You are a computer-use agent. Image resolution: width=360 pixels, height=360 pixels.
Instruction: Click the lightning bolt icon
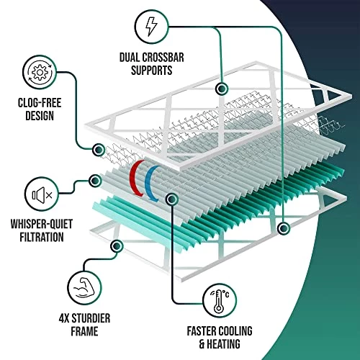[151, 27]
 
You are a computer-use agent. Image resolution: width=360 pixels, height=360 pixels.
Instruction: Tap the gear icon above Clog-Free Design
[40, 72]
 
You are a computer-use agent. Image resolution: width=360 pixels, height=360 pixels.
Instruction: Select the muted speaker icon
[42, 195]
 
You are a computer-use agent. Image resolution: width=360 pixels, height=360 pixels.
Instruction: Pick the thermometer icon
[220, 301]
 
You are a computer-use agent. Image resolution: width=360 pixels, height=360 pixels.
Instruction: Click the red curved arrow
[136, 179]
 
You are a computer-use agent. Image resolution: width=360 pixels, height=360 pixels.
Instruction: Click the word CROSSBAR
[163, 58]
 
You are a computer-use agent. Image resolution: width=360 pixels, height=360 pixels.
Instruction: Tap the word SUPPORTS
[151, 71]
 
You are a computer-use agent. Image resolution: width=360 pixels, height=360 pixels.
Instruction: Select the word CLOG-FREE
[40, 103]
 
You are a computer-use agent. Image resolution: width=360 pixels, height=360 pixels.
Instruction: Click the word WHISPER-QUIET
[42, 224]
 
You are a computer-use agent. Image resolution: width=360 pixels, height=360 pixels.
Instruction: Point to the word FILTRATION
[42, 237]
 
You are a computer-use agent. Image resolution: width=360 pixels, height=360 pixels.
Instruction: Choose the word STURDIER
[91, 318]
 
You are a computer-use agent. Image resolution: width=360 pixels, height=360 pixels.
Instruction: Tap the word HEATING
[223, 344]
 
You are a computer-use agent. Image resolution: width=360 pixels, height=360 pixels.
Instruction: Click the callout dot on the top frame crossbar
[221, 89]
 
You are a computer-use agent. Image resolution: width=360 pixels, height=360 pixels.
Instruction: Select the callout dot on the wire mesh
[99, 150]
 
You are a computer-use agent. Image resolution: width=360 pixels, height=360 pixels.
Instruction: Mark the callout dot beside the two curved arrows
[172, 199]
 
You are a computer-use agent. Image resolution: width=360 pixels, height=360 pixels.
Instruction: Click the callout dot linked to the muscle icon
[117, 246]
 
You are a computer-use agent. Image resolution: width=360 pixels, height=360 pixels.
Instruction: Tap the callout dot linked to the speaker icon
[95, 181]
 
